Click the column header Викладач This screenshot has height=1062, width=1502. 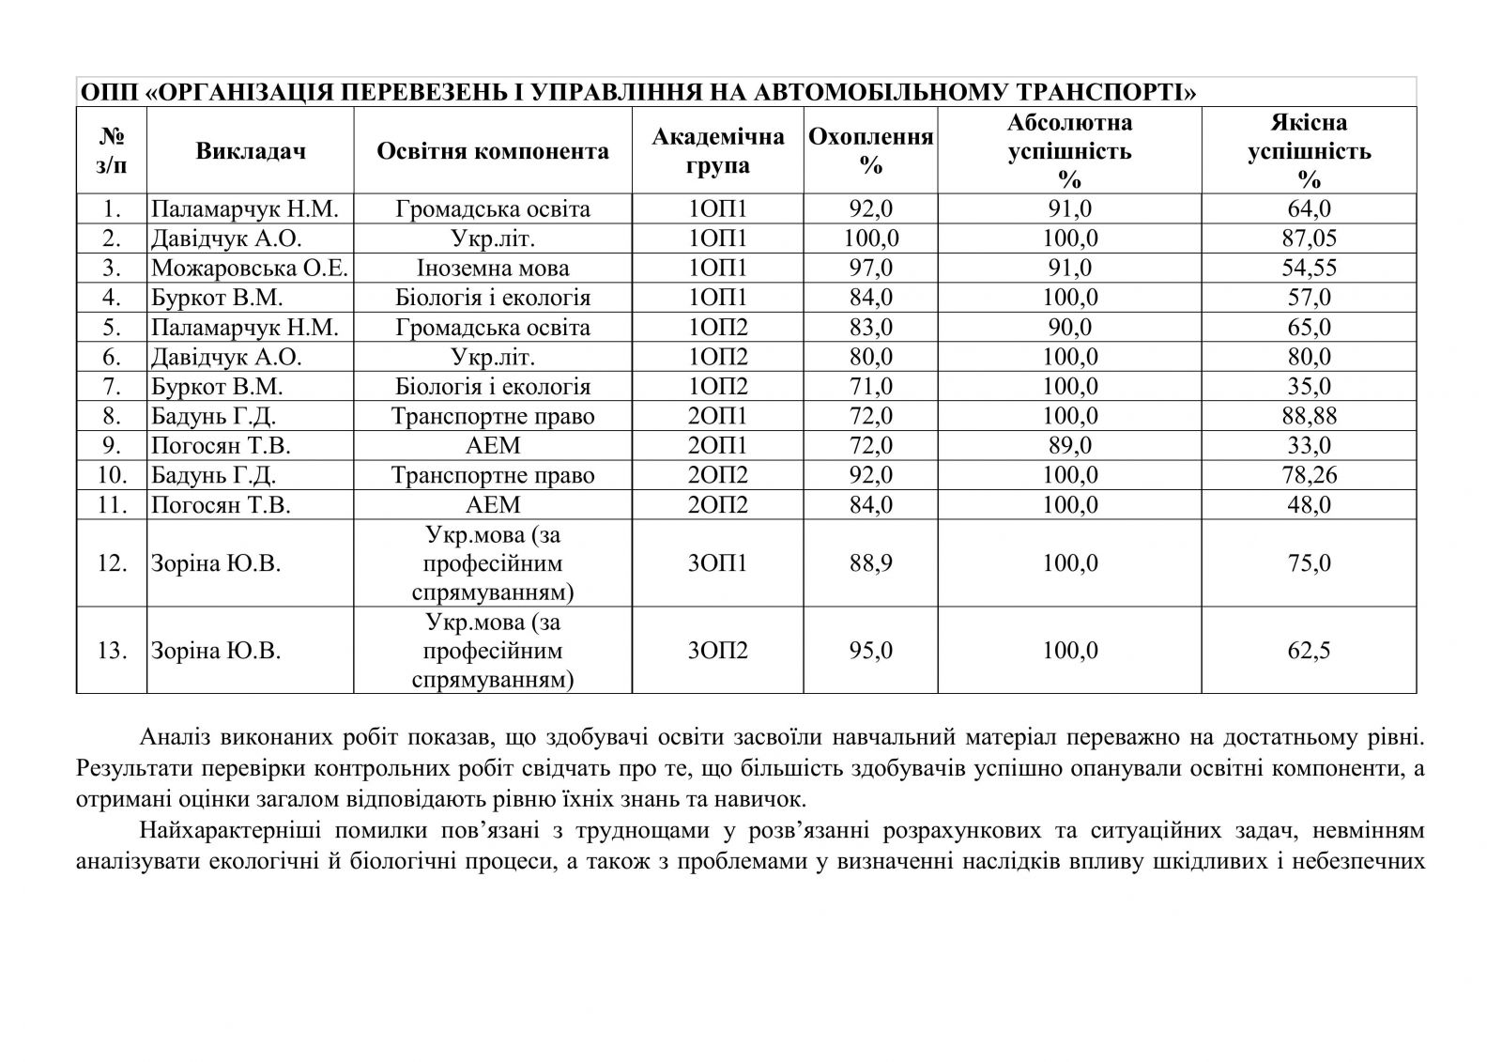[x=251, y=151]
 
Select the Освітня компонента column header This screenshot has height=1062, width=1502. [x=493, y=151]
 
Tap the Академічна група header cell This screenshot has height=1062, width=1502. [x=718, y=151]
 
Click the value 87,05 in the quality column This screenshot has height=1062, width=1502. [x=1309, y=239]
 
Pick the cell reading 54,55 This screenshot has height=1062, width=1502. [x=1309, y=269]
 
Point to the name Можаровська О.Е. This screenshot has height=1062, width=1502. [x=250, y=269]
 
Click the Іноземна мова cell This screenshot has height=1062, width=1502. [x=493, y=269]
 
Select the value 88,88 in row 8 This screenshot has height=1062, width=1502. [x=1309, y=416]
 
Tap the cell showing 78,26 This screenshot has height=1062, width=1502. [x=1309, y=475]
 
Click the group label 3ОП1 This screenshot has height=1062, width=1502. [x=718, y=563]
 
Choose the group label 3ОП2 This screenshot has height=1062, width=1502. [x=718, y=651]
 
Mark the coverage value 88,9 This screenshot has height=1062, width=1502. [x=870, y=563]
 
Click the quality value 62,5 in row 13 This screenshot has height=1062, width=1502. [x=1309, y=651]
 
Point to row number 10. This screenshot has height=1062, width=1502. [x=112, y=475]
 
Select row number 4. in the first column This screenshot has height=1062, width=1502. [x=112, y=298]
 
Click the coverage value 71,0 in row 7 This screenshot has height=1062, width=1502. [x=870, y=387]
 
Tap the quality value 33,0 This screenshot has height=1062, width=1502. [x=1309, y=445]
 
